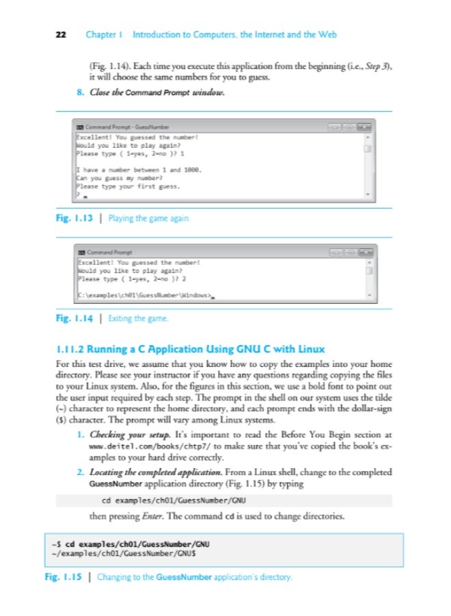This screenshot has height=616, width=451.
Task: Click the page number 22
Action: [x=60, y=34]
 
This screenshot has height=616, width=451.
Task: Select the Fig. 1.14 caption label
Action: [x=73, y=318]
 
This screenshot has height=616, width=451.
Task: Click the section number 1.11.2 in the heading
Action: [x=75, y=349]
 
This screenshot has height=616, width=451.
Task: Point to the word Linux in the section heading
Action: [x=310, y=349]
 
